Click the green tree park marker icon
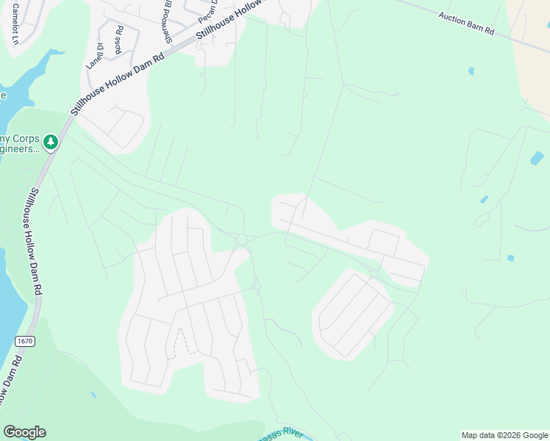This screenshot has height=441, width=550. (50, 141)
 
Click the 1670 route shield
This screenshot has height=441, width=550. (24, 340)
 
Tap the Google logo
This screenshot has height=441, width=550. (24, 432)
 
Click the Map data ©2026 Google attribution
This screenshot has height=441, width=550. (504, 435)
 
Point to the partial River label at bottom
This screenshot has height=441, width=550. (282, 434)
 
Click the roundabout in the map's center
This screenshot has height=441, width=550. (241, 239)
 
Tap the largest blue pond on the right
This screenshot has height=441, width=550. (537, 158)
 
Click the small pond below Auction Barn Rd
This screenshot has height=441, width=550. (471, 71)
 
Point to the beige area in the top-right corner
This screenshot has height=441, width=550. (533, 44)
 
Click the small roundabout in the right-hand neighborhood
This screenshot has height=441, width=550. (374, 273)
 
